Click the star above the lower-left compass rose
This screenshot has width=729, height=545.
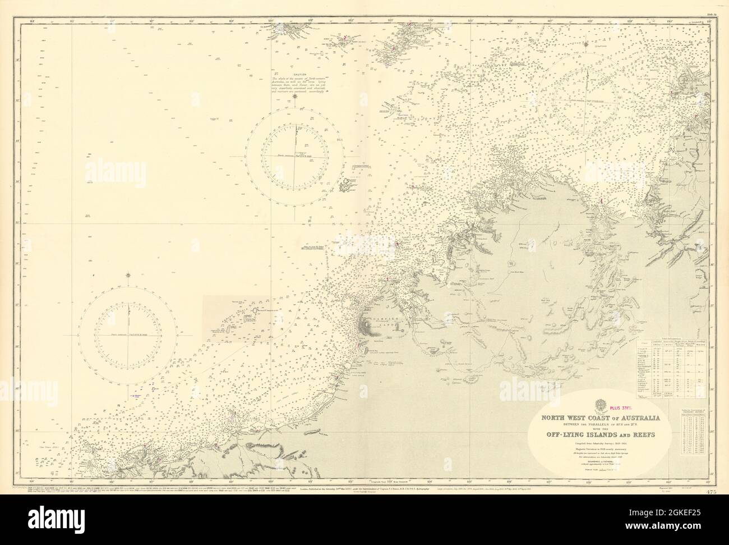click(x=130, y=275)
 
